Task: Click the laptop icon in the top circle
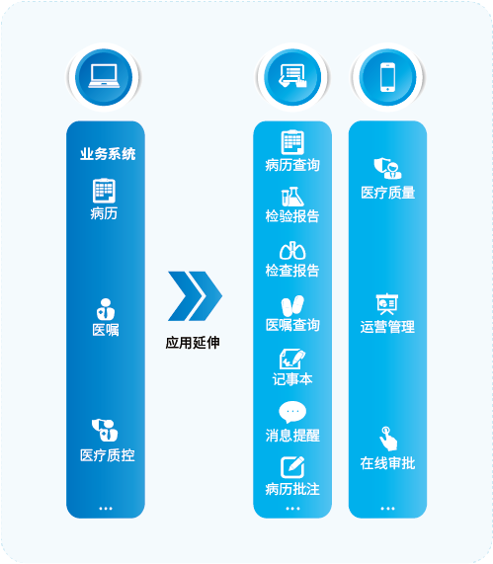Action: coord(104,76)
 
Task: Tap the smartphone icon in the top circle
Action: coord(387,77)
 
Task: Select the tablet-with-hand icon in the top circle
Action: coord(292,76)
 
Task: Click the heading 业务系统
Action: coord(108,154)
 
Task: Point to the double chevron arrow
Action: coord(195,296)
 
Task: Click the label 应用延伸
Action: coord(193,343)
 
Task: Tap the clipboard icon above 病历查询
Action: coord(292,142)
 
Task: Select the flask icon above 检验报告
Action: coord(292,197)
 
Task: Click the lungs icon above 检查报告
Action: coord(292,251)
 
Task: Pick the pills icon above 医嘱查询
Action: coord(292,306)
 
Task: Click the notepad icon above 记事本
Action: coord(292,359)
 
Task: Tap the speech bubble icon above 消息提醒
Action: coord(292,412)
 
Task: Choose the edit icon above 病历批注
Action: coord(292,467)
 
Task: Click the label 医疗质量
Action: coord(388,193)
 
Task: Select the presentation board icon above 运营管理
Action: coord(387,304)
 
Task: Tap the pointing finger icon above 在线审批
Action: coord(388,439)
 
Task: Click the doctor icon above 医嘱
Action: coord(106,309)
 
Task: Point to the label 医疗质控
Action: coord(108,455)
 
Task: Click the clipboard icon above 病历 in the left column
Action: coord(104,191)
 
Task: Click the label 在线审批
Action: coord(387,463)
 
